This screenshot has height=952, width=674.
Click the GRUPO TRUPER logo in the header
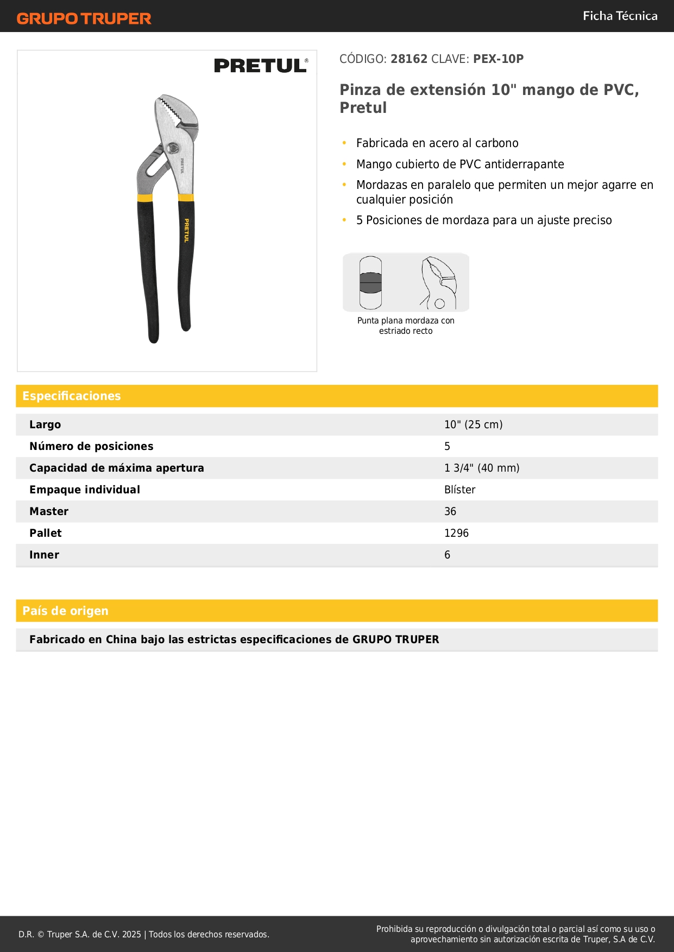pyautogui.click(x=84, y=18)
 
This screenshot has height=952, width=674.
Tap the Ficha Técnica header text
pyautogui.click(x=620, y=16)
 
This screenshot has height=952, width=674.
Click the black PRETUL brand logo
pyautogui.click(x=261, y=66)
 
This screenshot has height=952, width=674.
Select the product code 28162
pyautogui.click(x=409, y=59)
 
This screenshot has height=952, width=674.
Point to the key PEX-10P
pyautogui.click(x=498, y=59)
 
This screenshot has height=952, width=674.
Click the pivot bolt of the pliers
pyautogui.click(x=173, y=148)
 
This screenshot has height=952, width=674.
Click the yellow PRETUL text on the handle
pyautogui.click(x=186, y=230)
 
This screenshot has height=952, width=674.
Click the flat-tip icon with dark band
pyautogui.click(x=370, y=283)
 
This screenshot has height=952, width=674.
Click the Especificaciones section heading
pyautogui.click(x=72, y=396)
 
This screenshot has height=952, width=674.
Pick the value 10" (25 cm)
pyautogui.click(x=473, y=424)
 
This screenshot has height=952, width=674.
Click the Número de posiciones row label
pyautogui.click(x=91, y=446)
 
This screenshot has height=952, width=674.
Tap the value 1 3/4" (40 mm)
pyautogui.click(x=481, y=468)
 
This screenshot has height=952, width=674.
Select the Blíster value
pyautogui.click(x=459, y=490)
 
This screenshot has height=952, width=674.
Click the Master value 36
pyautogui.click(x=450, y=511)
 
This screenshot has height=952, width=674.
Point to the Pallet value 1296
pyautogui.click(x=456, y=533)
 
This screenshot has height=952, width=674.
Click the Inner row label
pyautogui.click(x=44, y=555)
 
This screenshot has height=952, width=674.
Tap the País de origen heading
pyautogui.click(x=65, y=611)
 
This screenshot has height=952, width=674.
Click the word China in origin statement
pyautogui.click(x=121, y=639)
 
